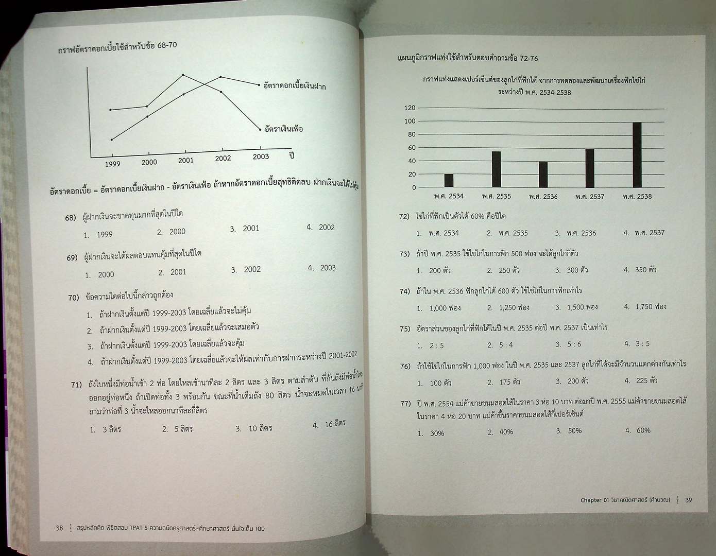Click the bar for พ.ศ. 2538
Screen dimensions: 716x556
point(637,155)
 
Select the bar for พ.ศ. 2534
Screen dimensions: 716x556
point(449,181)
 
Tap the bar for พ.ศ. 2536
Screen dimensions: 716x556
point(543,175)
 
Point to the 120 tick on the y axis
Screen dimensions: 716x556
point(410,108)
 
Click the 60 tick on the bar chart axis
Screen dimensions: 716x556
point(411,148)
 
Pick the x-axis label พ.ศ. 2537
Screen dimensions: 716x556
point(590,197)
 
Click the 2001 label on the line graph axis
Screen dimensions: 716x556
point(185,160)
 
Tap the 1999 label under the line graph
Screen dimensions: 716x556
point(112,164)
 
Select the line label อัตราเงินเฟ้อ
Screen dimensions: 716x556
point(283,129)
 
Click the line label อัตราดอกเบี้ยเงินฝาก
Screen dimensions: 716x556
point(294,85)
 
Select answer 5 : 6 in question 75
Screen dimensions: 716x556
point(573,344)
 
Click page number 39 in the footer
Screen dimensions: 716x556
point(689,500)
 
